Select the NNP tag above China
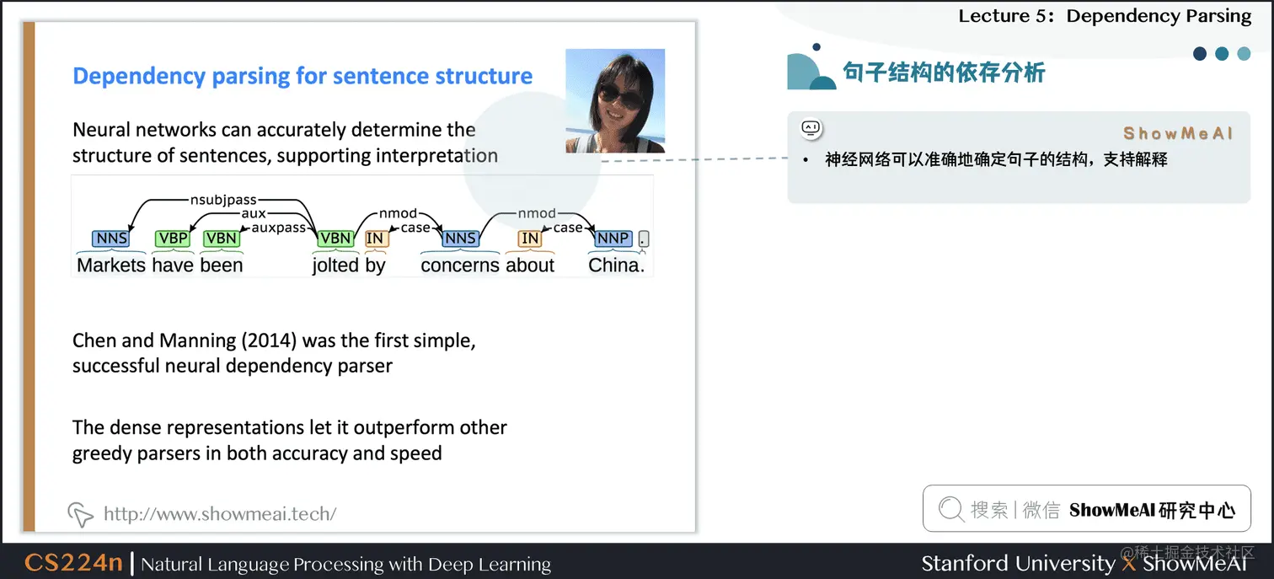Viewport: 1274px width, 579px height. pyautogui.click(x=613, y=239)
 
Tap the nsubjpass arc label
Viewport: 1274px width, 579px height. pyautogui.click(x=223, y=200)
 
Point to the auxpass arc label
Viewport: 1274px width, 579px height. pyautogui.click(x=279, y=228)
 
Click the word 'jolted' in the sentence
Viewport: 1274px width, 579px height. pyautogui.click(x=335, y=265)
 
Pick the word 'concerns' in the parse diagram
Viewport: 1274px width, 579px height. pyautogui.click(x=460, y=265)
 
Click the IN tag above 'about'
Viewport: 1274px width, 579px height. pyautogui.click(x=530, y=239)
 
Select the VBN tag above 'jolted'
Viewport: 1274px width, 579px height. pyautogui.click(x=335, y=239)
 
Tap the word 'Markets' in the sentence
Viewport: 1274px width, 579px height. pyautogui.click(x=111, y=265)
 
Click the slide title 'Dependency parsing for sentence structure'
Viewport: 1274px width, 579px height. pyautogui.click(x=302, y=76)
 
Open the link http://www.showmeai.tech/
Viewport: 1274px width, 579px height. pyautogui.click(x=220, y=513)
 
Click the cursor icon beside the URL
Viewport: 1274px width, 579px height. pyautogui.click(x=80, y=513)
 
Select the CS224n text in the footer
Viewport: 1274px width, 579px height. pyautogui.click(x=73, y=563)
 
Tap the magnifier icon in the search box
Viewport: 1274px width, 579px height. pyautogui.click(x=951, y=509)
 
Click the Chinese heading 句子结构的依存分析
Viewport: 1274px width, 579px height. pyautogui.click(x=944, y=72)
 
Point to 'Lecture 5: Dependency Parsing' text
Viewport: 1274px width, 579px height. pyautogui.click(x=1105, y=16)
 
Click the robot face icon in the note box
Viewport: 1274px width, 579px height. pyautogui.click(x=811, y=128)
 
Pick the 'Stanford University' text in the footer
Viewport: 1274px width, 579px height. pyautogui.click(x=1017, y=563)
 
